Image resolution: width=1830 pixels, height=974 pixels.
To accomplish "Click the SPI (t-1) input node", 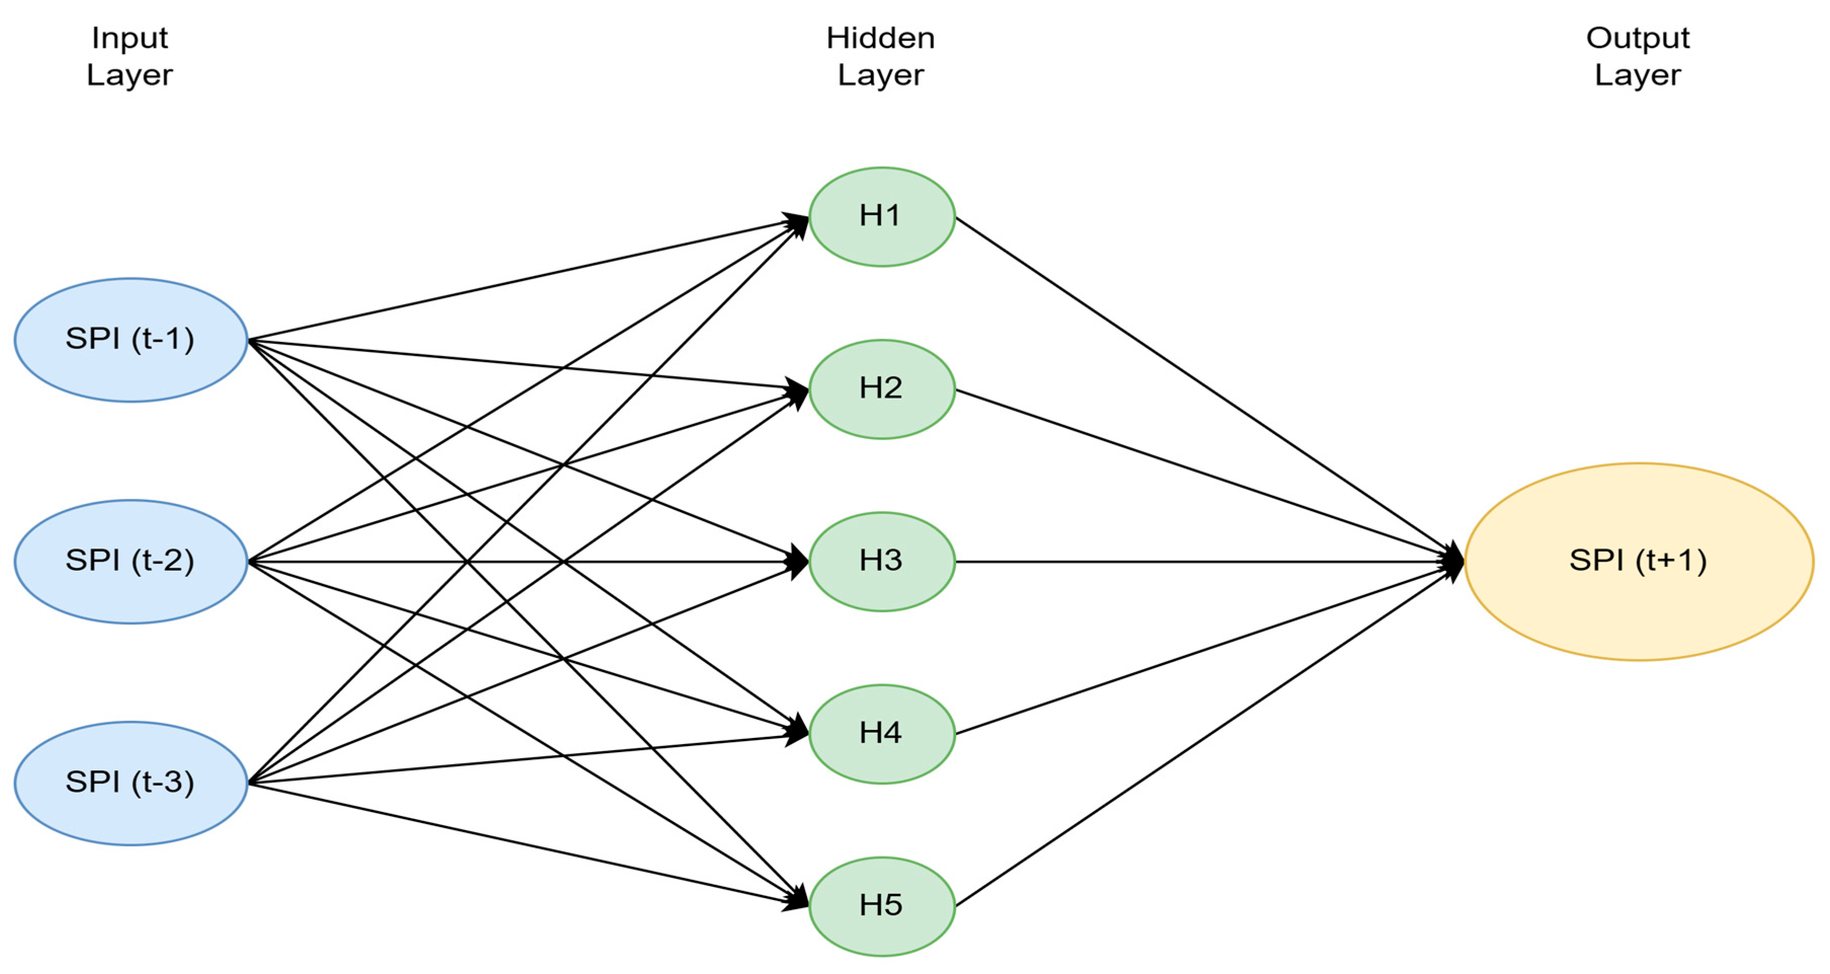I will coord(131,339).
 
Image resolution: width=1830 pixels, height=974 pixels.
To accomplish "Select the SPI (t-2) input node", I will coord(131,561).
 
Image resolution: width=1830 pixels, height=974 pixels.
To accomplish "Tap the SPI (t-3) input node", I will coord(131,783).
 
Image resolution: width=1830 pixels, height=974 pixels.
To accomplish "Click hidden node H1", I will coord(882,217).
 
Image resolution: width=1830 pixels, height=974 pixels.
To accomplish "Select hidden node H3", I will coord(882,561).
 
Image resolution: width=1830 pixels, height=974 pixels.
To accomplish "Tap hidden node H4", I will coord(882,734).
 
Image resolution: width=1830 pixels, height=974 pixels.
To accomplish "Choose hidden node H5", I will coord(882,906).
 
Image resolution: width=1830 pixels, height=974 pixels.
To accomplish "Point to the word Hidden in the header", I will coord(880,37).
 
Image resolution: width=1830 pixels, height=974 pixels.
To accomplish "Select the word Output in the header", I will coord(1638,37).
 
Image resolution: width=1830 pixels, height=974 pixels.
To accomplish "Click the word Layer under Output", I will coord(1638,74).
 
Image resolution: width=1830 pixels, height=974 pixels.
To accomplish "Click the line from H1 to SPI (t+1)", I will coord(1208,389).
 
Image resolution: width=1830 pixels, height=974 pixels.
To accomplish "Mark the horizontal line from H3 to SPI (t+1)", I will coord(1208,561).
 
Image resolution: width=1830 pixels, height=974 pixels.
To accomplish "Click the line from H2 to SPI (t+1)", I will coord(1208,475).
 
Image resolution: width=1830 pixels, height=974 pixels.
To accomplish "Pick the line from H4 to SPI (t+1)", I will coord(1208,648).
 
